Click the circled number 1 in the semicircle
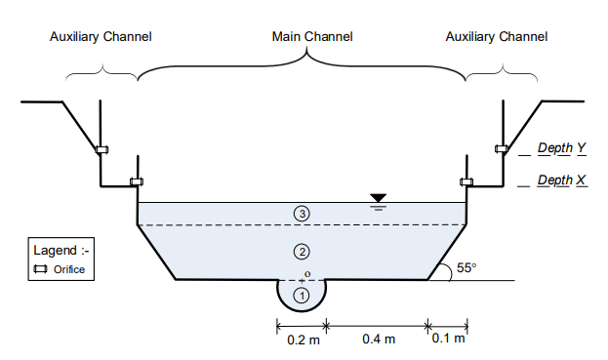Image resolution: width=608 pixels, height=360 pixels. pyautogui.click(x=302, y=294)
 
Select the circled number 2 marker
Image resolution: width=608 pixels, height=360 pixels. pyautogui.click(x=302, y=252)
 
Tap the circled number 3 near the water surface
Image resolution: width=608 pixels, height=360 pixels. pyautogui.click(x=302, y=214)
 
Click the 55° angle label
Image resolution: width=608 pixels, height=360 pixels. pyautogui.click(x=466, y=267)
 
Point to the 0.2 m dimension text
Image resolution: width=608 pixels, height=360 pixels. pyautogui.click(x=300, y=340)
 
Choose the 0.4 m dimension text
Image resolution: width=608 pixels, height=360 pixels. pyautogui.click(x=379, y=340)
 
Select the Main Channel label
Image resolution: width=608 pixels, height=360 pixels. pyautogui.click(x=311, y=36)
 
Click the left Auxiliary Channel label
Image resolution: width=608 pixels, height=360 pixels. pyautogui.click(x=101, y=36)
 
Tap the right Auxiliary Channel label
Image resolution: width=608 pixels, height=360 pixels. pyautogui.click(x=497, y=36)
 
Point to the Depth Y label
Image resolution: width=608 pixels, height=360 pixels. pyautogui.click(x=561, y=148)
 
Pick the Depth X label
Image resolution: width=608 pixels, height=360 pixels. pyautogui.click(x=561, y=180)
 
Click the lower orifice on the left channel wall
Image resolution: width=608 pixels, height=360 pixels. pyautogui.click(x=137, y=181)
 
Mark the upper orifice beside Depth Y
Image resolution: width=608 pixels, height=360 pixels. pyautogui.click(x=502, y=149)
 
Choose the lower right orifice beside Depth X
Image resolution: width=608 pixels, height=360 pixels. pyautogui.click(x=466, y=181)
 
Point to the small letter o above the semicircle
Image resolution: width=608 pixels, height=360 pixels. pyautogui.click(x=307, y=274)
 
